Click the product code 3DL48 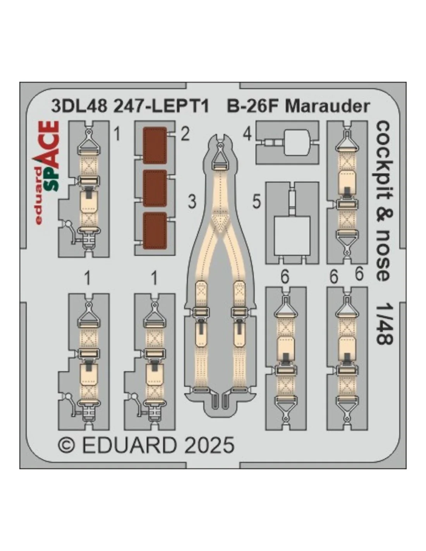(79, 107)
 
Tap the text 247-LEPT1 (161, 107)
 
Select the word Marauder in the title (327, 107)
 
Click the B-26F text (253, 107)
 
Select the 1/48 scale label (384, 320)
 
